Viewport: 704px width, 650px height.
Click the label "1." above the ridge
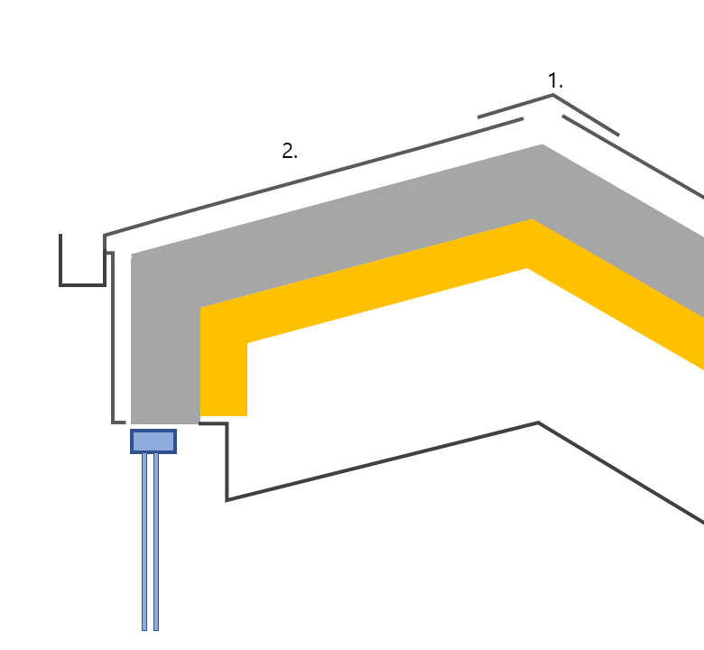click(x=555, y=81)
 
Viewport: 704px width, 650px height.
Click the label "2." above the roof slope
click(x=289, y=152)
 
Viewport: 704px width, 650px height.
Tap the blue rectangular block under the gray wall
click(x=153, y=441)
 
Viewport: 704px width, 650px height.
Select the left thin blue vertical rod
click(x=144, y=542)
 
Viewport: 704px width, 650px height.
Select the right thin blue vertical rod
click(x=155, y=542)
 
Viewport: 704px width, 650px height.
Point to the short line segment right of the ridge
click(x=590, y=125)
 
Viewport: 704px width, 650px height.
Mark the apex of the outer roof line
click(x=552, y=96)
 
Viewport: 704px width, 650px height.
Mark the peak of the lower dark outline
click(x=538, y=422)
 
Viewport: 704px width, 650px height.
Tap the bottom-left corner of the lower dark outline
click(x=227, y=498)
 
